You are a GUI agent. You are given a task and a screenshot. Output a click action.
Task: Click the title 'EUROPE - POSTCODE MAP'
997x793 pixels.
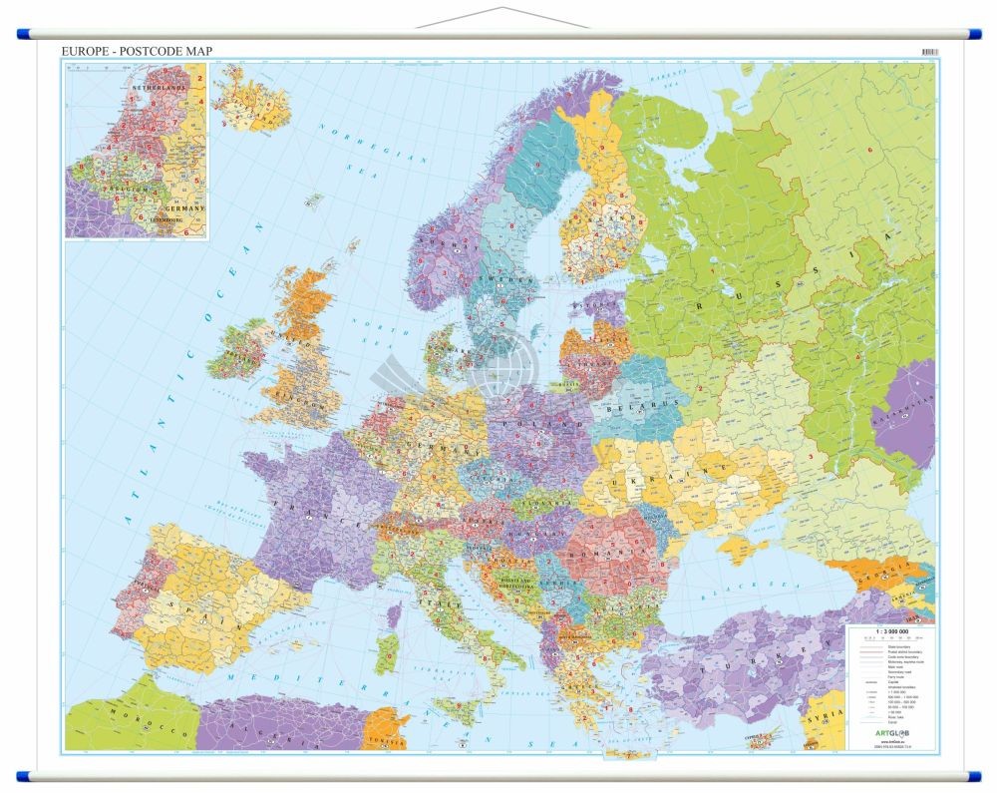138,51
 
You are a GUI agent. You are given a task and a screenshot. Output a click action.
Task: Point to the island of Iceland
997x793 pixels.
249,100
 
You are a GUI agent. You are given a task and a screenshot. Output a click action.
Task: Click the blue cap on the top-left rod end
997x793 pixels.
23,34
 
